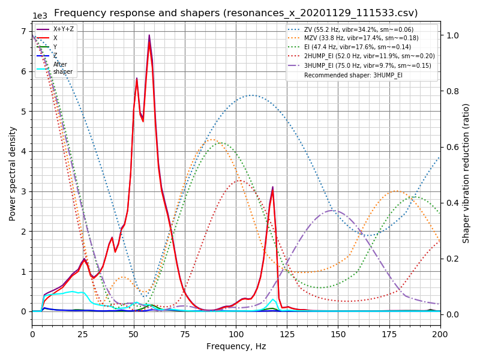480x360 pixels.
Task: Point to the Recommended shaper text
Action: point(353,75)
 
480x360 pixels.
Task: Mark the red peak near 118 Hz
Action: point(272,188)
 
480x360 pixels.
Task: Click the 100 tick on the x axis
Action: point(236,334)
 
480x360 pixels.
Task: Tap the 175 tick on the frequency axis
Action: point(389,334)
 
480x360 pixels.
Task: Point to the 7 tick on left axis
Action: point(25,31)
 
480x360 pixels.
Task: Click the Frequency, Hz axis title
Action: point(236,347)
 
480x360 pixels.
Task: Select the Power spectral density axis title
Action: point(13,173)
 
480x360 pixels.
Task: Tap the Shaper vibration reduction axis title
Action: point(466,173)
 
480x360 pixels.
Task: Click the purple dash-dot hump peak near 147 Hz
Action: point(332,211)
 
